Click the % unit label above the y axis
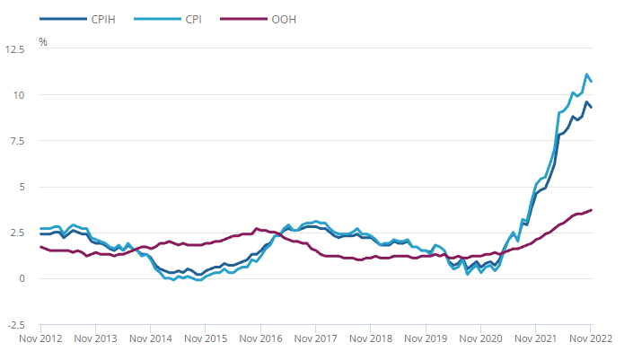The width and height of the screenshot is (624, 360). click(43, 41)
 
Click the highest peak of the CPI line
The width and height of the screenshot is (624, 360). click(587, 75)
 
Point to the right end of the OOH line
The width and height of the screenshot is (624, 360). click(592, 210)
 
